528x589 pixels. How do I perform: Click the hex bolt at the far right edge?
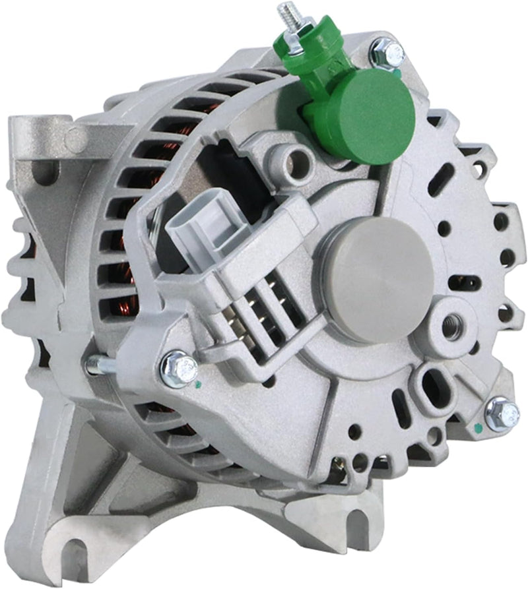[501, 414]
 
